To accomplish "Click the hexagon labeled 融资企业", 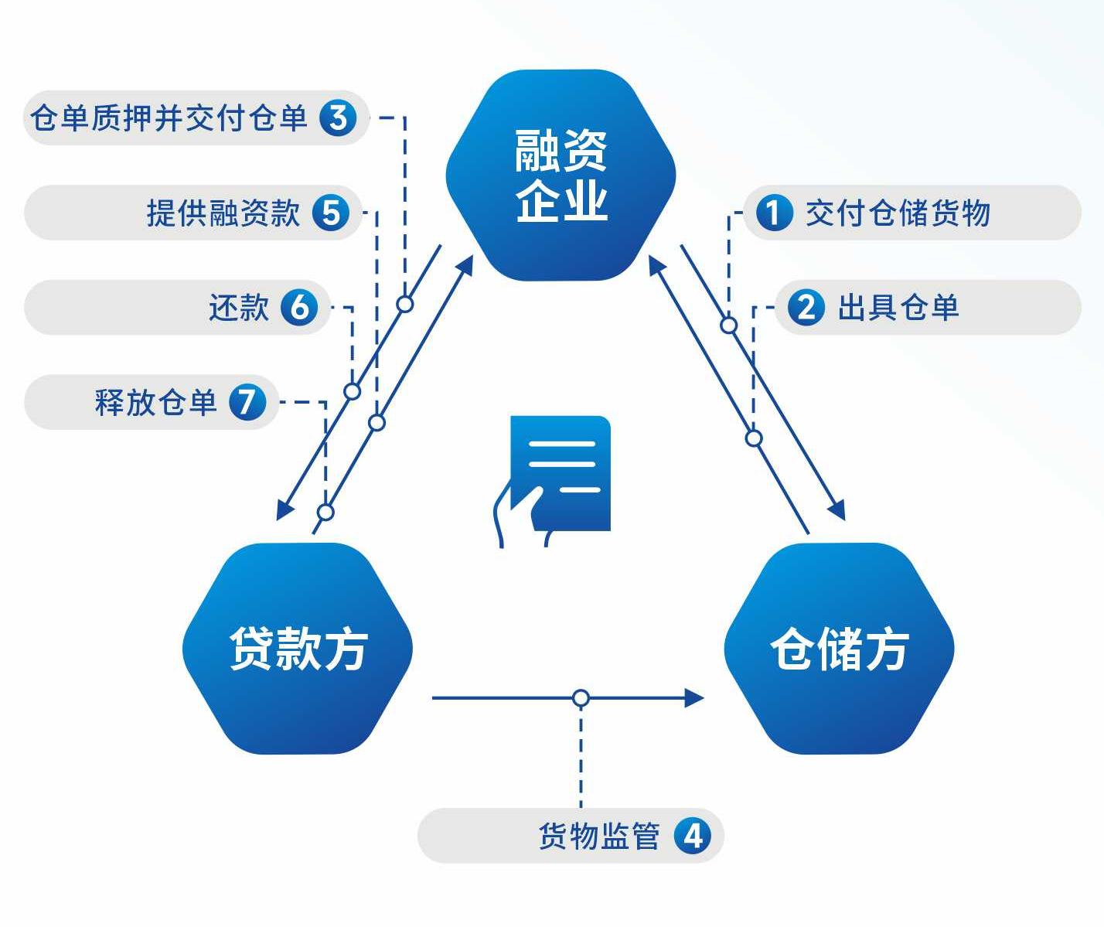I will (561, 176).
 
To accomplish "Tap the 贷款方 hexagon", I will (298, 648).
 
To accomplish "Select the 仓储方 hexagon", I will (839, 648).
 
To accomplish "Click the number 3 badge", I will (338, 118).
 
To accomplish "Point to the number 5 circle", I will (331, 213).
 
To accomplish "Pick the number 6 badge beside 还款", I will (299, 308).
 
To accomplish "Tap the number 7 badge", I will (247, 402).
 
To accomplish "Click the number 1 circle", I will (774, 213).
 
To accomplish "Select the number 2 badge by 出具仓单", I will (806, 308).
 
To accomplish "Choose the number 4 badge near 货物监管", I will (692, 836).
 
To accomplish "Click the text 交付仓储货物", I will (898, 213).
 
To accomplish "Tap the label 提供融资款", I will (223, 213).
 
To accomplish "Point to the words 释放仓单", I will (155, 402).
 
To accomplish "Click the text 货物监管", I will (599, 836).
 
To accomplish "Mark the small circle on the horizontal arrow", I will (581, 698).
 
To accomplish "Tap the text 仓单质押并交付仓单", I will (169, 118).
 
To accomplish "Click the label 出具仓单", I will (898, 308).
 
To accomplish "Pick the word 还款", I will (239, 308).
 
